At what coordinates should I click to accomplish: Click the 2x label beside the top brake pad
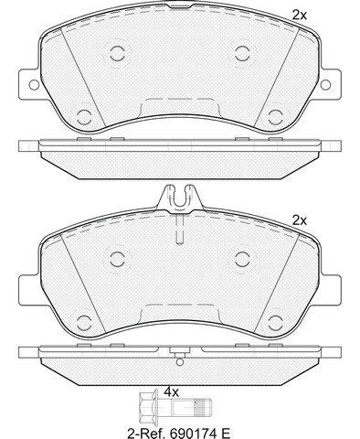click(300, 15)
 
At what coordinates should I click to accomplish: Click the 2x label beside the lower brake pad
click(300, 220)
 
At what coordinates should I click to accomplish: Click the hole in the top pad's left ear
click(34, 84)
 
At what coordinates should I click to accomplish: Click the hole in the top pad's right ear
click(325, 84)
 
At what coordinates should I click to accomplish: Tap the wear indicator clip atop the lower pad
click(180, 198)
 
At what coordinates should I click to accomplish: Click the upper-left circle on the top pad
click(117, 53)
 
